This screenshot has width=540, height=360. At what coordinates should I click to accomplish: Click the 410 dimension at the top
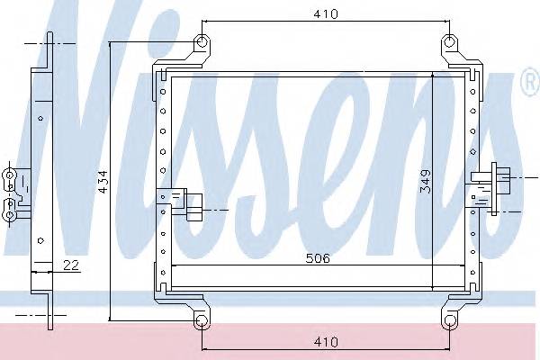[326, 13]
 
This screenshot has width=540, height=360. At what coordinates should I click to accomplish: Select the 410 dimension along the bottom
[326, 342]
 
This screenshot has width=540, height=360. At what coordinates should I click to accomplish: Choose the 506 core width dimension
[318, 258]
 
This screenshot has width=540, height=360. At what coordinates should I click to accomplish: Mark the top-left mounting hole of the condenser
[202, 41]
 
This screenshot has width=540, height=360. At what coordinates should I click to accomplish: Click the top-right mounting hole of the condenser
[451, 41]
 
